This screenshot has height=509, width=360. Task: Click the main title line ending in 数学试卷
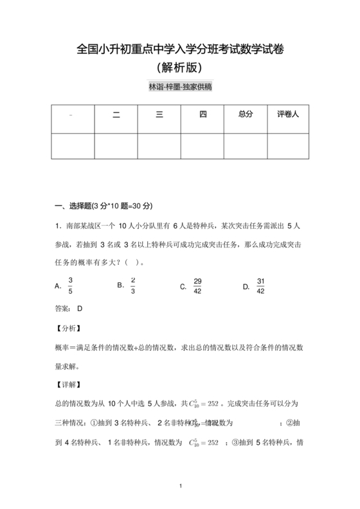180,49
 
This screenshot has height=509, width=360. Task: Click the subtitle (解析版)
180,66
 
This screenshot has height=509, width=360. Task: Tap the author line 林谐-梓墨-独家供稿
180,87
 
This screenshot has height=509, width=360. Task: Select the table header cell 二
116,114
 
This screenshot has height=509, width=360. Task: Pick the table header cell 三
159,114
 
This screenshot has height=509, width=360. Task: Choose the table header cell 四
203,114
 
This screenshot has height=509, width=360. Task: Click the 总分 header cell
246,114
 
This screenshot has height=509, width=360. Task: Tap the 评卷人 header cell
289,114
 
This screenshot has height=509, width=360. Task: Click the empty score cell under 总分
246,145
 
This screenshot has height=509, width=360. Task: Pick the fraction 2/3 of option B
133,285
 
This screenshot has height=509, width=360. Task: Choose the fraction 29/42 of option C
198,286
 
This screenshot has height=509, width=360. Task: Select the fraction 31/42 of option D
260,286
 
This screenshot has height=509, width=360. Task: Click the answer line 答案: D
69,308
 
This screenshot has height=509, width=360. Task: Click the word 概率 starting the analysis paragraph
62,347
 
